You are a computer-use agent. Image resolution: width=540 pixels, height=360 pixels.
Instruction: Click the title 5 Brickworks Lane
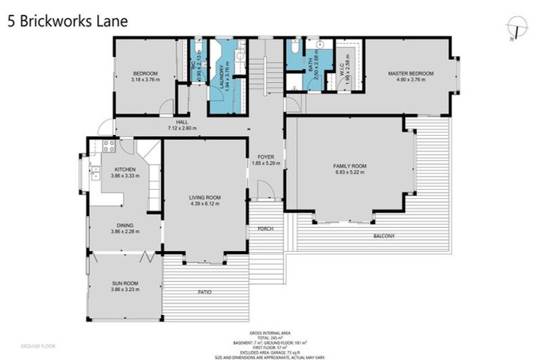[67, 21]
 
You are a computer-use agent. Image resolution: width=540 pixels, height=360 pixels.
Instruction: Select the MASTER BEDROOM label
[411, 74]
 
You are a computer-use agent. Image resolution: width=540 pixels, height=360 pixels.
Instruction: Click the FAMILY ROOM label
[349, 166]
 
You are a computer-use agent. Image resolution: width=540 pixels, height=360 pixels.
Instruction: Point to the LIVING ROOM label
[205, 198]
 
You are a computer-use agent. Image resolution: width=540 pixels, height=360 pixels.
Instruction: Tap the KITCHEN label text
[125, 169]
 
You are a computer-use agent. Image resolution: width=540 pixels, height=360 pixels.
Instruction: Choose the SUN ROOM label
[125, 283]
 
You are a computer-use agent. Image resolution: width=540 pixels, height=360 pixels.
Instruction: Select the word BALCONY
[384, 236]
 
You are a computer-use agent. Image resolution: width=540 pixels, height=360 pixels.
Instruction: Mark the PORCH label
[266, 229]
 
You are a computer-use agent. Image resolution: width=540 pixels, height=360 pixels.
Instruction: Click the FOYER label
[265, 157]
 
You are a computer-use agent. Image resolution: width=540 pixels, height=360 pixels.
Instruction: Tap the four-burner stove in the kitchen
[109, 146]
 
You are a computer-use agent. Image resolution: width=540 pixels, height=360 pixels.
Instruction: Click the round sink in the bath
[320, 44]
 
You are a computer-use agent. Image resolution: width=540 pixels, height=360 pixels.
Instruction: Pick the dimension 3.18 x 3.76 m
[145, 79]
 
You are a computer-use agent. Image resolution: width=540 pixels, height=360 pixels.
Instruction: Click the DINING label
[125, 225]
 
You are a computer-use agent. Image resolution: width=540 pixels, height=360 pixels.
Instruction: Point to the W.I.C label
[342, 67]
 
